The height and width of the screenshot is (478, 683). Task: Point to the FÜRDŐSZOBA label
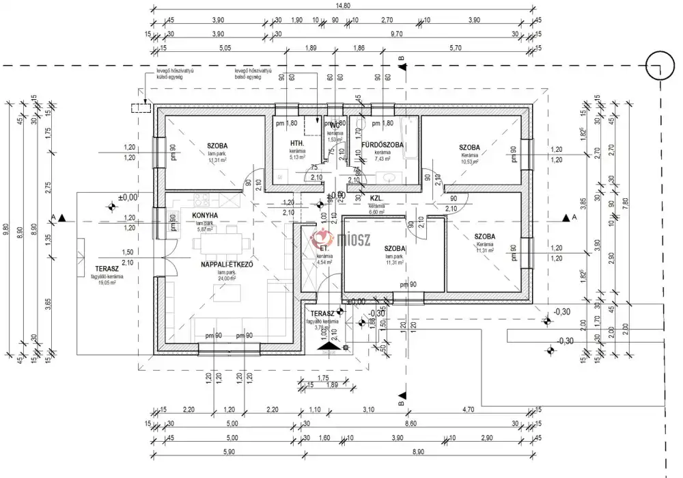382,145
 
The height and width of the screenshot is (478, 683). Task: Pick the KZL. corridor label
376,198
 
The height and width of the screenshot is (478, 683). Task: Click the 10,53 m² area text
469,161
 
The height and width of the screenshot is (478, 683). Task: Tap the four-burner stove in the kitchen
201,200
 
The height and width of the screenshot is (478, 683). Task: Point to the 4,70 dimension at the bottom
469,410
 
